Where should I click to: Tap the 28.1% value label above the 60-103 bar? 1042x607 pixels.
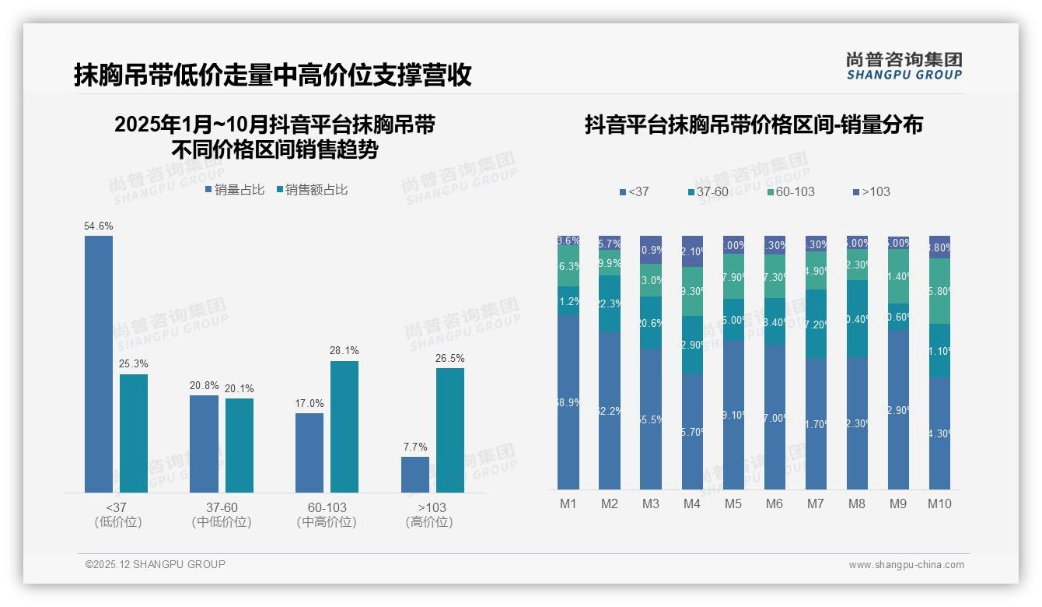click(344, 351)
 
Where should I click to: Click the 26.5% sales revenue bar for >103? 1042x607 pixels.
click(450, 430)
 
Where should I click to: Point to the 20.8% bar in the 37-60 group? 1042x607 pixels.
click(204, 444)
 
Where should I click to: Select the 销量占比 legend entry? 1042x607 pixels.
click(235, 190)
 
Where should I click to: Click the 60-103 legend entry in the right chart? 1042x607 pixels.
click(791, 191)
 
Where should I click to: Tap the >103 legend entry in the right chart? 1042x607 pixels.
click(872, 191)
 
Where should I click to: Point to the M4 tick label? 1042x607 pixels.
click(692, 503)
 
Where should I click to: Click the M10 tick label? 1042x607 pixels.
click(939, 503)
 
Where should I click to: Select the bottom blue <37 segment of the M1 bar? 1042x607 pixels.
click(568, 402)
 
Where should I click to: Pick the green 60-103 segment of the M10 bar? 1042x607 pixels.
click(939, 290)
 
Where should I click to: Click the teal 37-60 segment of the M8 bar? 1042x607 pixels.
click(857, 318)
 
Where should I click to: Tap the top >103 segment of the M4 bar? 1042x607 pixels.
click(692, 251)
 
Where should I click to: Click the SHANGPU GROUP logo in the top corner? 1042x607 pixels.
click(904, 65)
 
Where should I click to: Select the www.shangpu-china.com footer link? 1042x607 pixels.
click(906, 565)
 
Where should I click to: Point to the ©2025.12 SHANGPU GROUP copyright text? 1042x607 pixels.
click(156, 564)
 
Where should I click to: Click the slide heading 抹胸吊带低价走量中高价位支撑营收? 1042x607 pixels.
click(273, 75)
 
